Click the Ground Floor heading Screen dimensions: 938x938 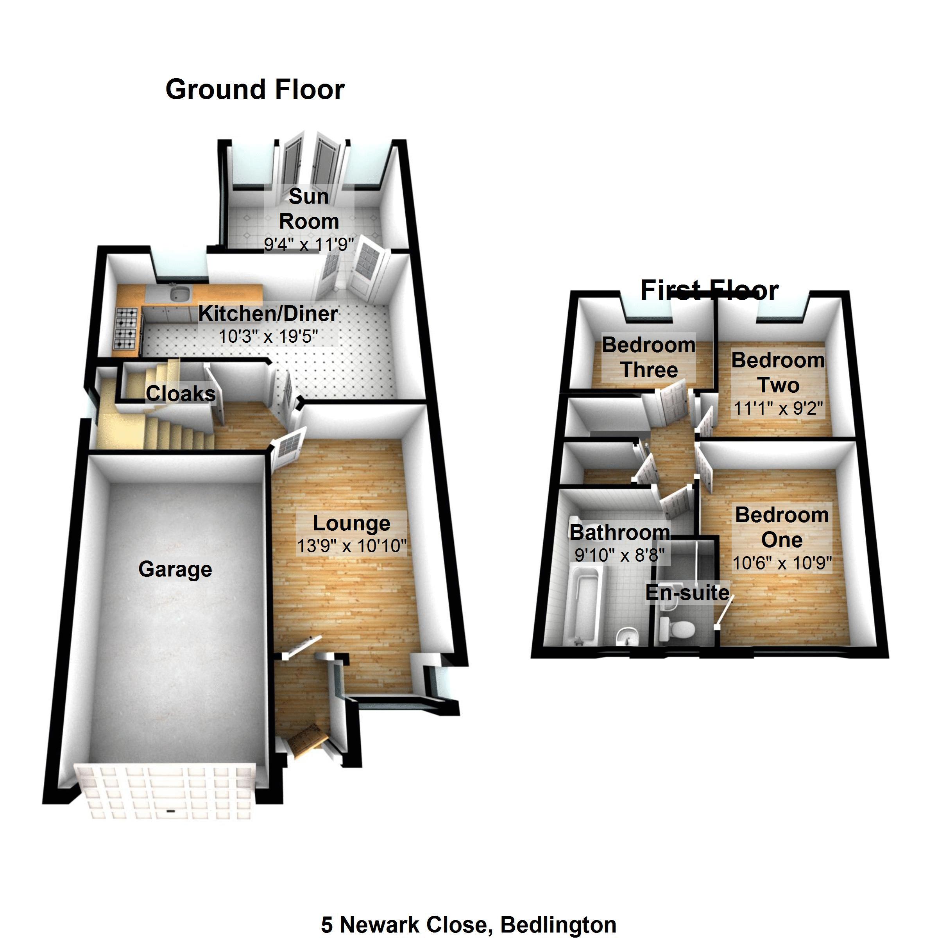[x=255, y=90]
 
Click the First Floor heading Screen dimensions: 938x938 [x=709, y=290]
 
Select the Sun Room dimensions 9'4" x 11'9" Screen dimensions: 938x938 [x=309, y=244]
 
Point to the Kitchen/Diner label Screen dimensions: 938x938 [x=268, y=313]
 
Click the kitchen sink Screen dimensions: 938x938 [x=180, y=293]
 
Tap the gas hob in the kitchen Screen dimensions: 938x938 [x=126, y=328]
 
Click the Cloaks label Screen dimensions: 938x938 [x=181, y=394]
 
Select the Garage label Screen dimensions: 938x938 [x=175, y=569]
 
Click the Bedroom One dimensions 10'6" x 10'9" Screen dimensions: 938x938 [x=782, y=563]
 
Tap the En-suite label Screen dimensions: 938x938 [x=687, y=593]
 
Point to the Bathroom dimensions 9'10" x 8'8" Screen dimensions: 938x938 [x=619, y=555]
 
